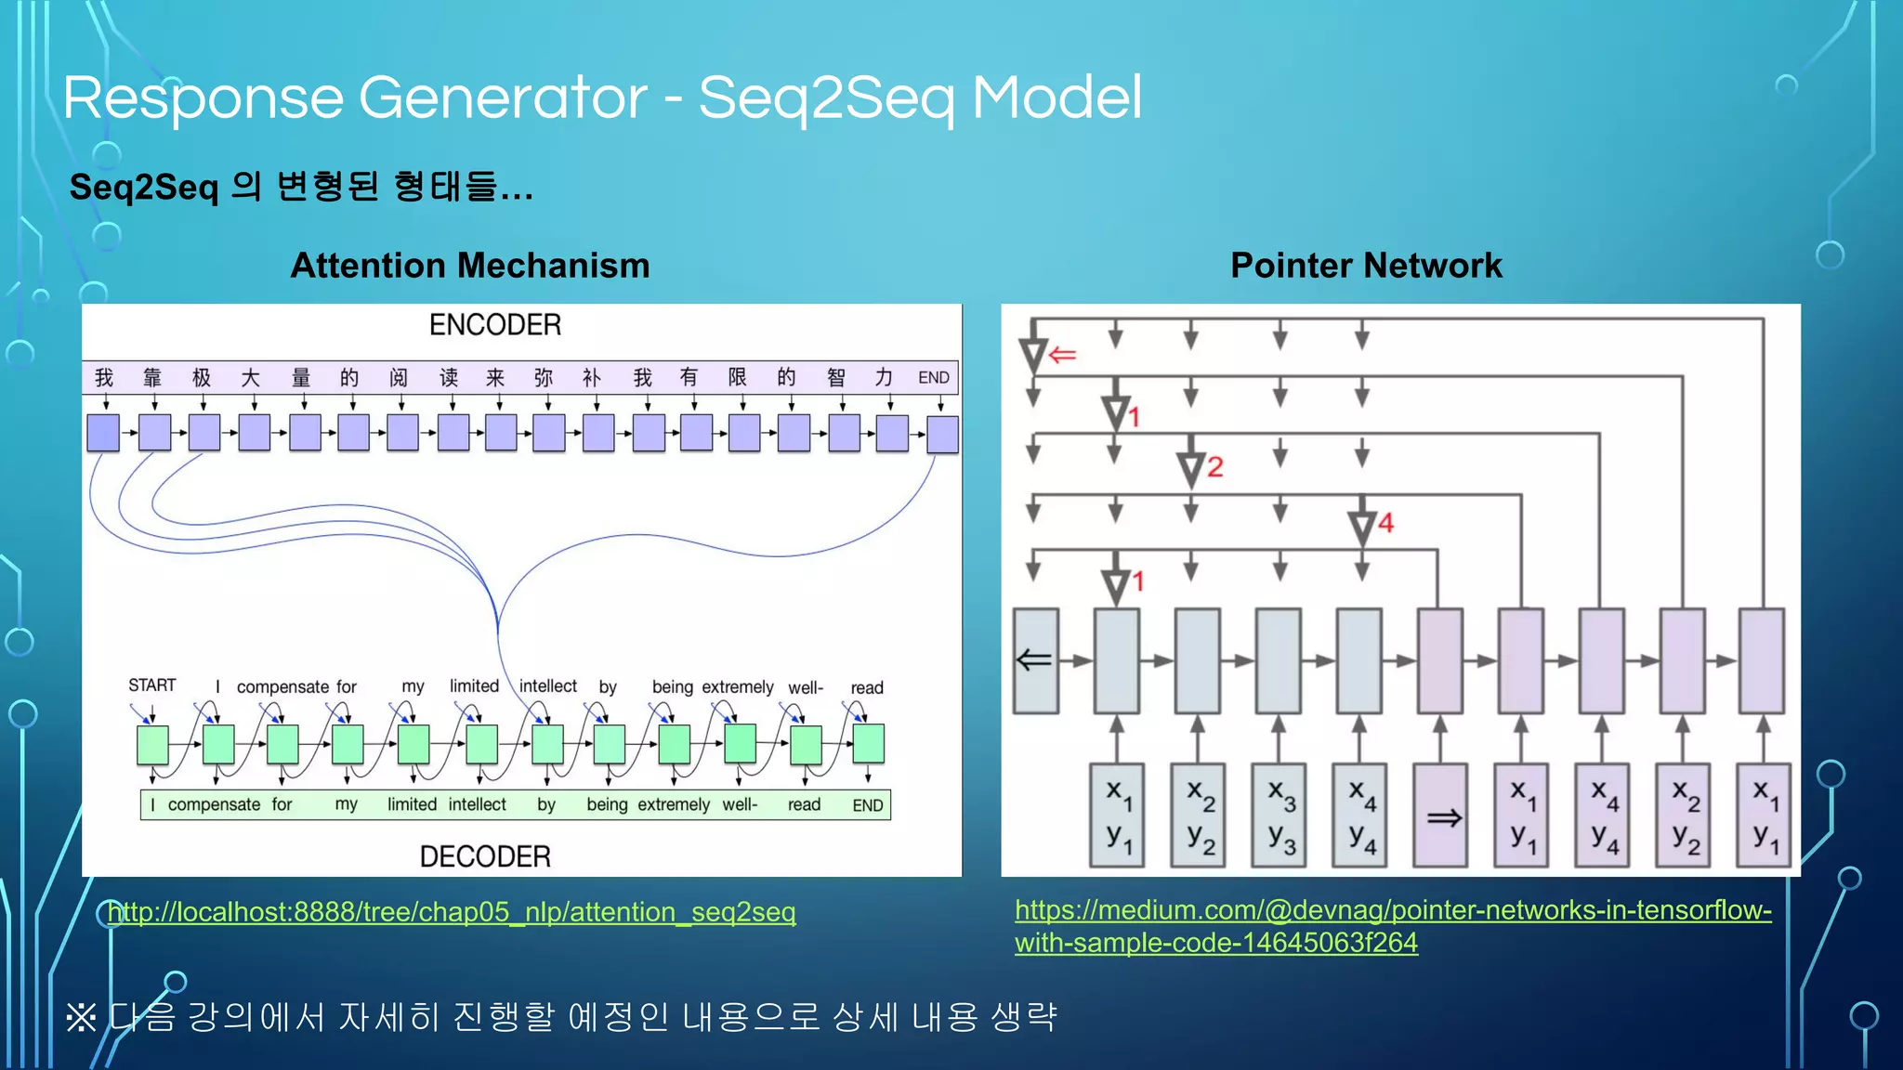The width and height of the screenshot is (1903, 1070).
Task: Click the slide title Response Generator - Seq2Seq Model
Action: pos(602,98)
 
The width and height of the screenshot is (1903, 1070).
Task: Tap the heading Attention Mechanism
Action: pos(469,266)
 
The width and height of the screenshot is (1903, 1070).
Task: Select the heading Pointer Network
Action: pos(1365,266)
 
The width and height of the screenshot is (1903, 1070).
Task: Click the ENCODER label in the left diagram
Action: pos(494,325)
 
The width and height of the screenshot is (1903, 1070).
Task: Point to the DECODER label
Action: pos(484,856)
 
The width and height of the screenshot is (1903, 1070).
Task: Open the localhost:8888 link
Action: pos(452,912)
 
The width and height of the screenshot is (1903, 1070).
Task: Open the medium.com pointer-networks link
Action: pos(1392,926)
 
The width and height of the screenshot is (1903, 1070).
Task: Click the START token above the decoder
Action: pos(151,685)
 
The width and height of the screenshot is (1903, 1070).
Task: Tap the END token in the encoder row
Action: pos(933,377)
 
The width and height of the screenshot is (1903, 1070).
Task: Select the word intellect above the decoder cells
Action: pos(547,686)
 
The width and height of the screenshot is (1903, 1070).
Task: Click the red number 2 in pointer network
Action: pos(1214,467)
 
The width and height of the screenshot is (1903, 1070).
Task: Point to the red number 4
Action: pos(1385,523)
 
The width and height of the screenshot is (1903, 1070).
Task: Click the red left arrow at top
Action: pos(1062,355)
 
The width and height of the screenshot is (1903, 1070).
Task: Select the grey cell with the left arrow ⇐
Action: pos(1035,660)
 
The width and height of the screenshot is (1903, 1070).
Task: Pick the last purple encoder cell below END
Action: pos(942,434)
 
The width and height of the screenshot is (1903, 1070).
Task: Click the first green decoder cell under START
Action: pos(152,745)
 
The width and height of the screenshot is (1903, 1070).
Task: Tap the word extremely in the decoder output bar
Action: pos(673,805)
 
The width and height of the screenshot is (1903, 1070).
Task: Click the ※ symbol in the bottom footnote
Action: pos(81,1018)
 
